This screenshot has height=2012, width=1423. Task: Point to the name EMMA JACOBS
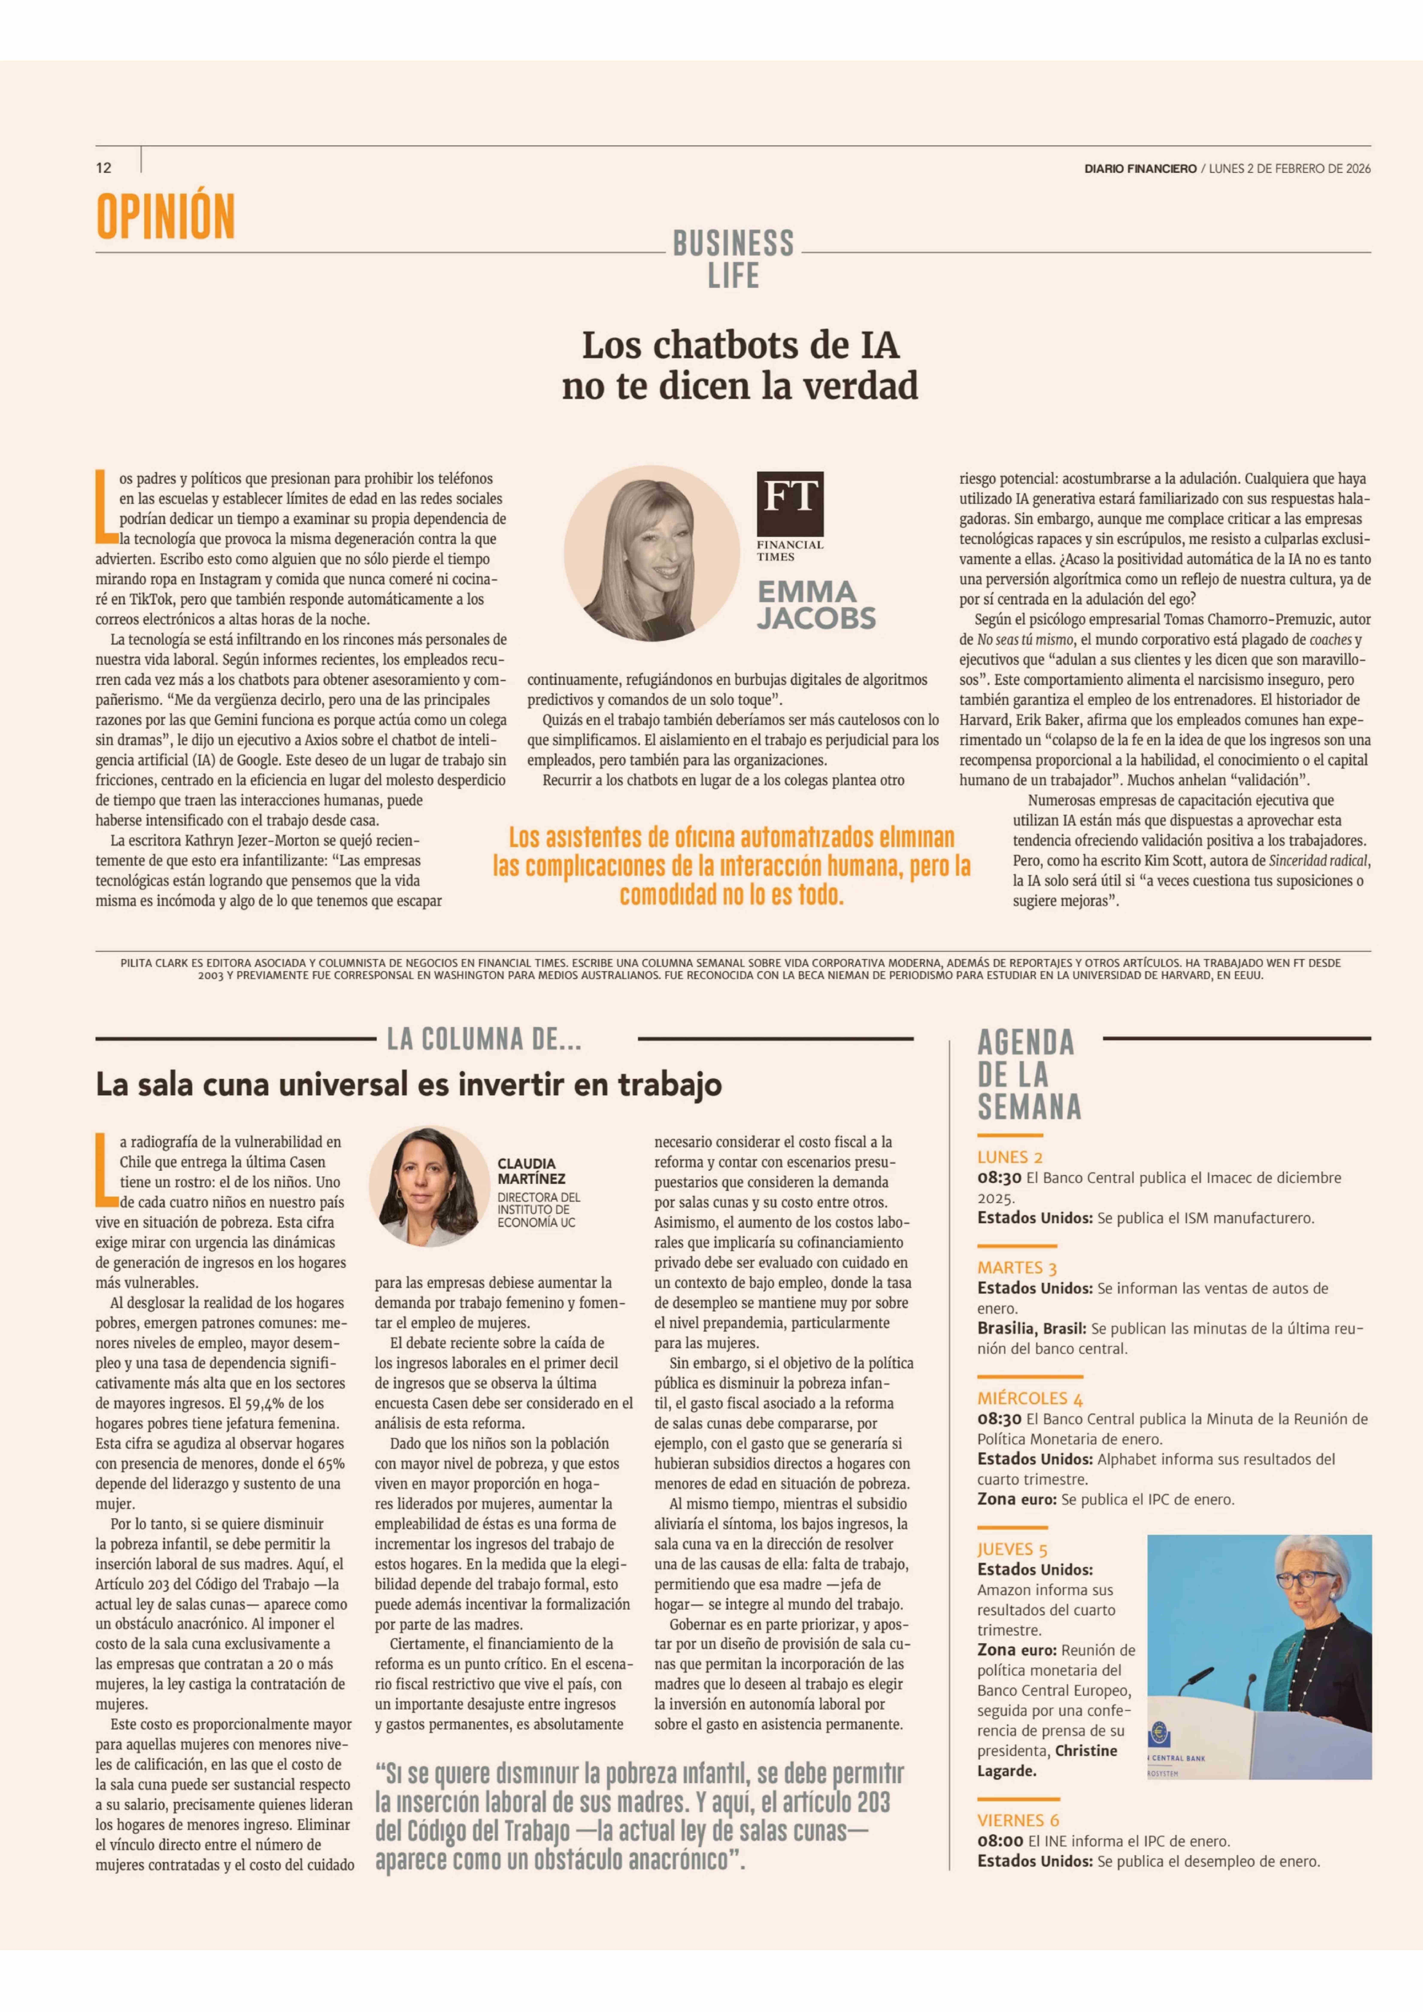click(x=816, y=605)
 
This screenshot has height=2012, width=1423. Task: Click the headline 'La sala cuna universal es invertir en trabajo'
click(x=408, y=1085)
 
